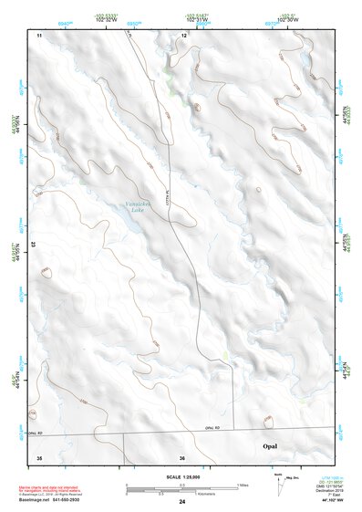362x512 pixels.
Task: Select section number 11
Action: (39, 35)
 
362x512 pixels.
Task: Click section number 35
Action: (38, 457)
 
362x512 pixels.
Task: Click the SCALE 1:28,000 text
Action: (182, 476)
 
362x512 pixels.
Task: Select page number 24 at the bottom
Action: (182, 501)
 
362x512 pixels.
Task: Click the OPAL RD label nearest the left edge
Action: (35, 434)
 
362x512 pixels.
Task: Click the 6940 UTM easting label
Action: (64, 20)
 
